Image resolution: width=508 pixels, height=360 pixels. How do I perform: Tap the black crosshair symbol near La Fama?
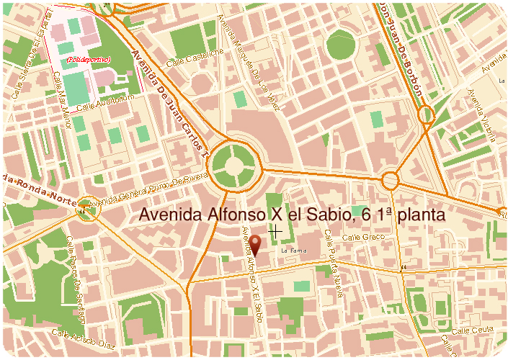(x=274, y=231)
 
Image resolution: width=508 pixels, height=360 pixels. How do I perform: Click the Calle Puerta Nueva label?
(x=333, y=264)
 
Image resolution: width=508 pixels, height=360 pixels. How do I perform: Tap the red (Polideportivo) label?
(x=87, y=60)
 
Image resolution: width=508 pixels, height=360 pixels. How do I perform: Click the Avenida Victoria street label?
(x=481, y=114)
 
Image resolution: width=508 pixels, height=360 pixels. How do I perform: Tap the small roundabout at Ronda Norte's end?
(x=87, y=207)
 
